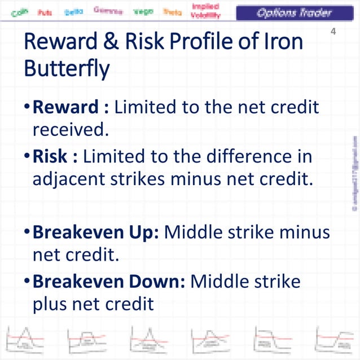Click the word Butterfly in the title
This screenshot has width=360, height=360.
click(67, 69)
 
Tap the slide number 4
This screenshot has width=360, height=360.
click(333, 32)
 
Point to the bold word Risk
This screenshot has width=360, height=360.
click(50, 156)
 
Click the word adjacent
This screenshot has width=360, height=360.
click(67, 179)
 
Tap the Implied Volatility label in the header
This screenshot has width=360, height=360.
click(205, 11)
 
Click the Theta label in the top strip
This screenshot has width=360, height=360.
click(172, 11)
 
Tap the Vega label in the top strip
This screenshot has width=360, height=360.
click(143, 11)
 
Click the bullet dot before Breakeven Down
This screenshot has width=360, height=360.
click(27, 281)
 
